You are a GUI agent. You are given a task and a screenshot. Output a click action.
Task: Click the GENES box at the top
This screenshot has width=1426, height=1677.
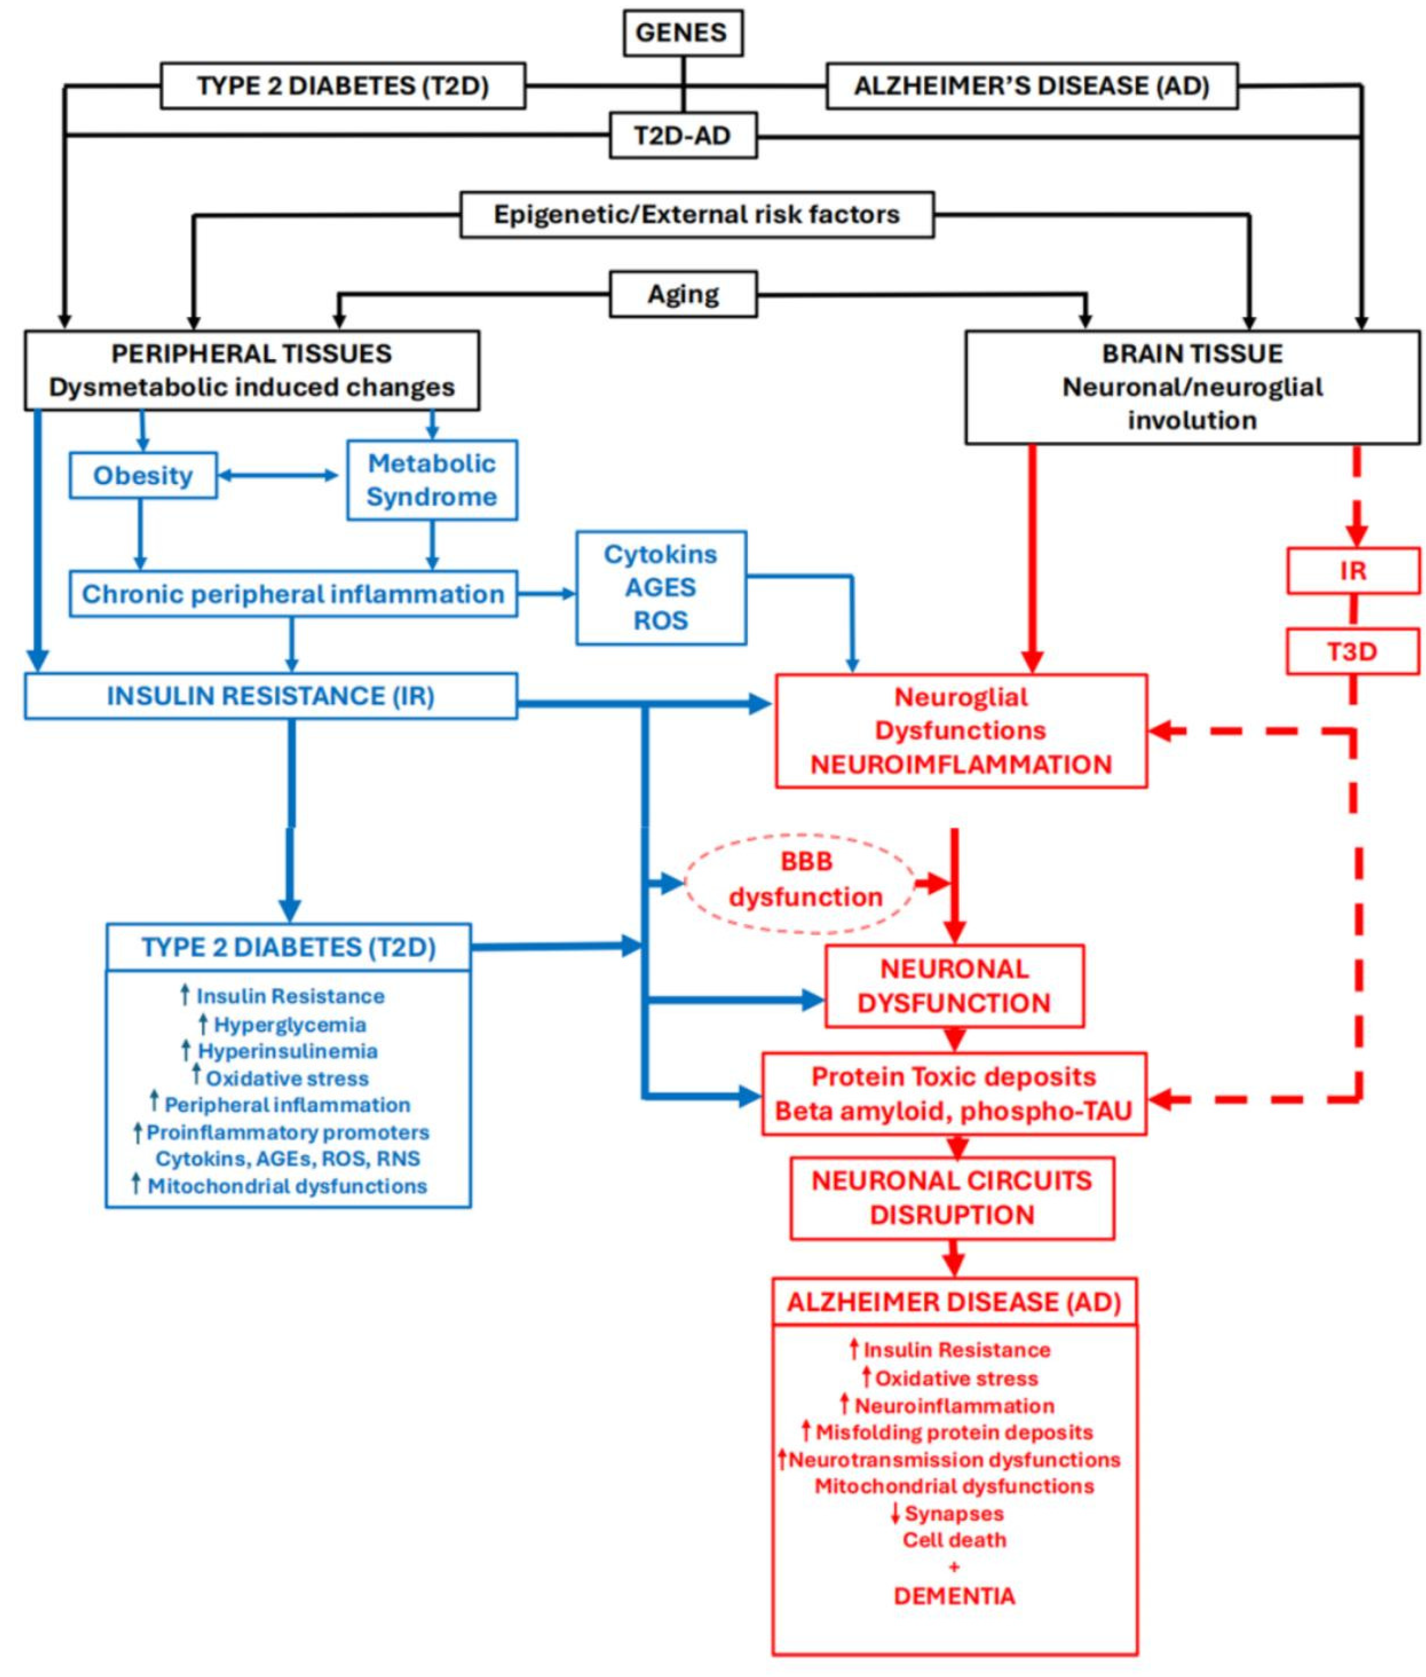(x=682, y=32)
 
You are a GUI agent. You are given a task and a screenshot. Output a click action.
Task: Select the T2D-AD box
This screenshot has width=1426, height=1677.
(x=682, y=135)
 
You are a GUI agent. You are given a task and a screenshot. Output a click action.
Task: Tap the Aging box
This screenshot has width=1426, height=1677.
(x=682, y=294)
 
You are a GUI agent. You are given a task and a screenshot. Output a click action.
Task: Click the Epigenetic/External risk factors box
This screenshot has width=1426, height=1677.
(x=697, y=214)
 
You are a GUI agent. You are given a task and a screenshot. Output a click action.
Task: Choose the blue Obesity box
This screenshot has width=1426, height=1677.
(x=143, y=475)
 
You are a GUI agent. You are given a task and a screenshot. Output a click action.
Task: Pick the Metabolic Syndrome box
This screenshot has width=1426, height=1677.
(x=432, y=480)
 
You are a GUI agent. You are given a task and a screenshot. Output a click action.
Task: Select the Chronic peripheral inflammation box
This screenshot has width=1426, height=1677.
(x=293, y=594)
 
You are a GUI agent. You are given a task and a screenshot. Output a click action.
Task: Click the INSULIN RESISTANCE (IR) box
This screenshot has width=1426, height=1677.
(x=271, y=696)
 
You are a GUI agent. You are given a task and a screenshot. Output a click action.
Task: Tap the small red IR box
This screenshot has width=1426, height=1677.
(x=1352, y=571)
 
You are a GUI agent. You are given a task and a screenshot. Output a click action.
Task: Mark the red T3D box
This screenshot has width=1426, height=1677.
(x=1352, y=651)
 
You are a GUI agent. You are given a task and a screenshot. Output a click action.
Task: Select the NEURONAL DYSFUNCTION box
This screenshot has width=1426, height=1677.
(x=954, y=986)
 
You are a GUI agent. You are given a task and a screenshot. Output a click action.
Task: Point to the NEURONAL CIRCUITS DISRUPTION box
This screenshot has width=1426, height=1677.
(x=952, y=1197)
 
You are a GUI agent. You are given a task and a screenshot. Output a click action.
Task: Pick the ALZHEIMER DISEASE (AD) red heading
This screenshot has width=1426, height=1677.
(x=954, y=1302)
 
